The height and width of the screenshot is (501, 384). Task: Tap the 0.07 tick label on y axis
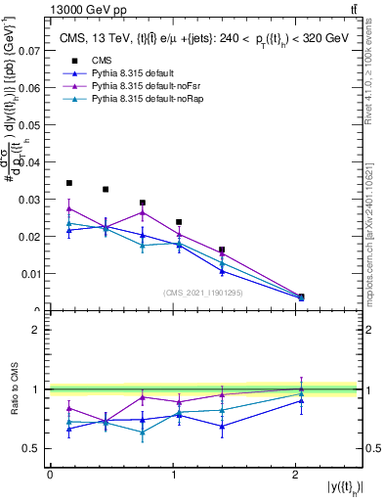pyautogui.click(x=28, y=49)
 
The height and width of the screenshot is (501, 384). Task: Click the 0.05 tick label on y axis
pyautogui.click(x=28, y=124)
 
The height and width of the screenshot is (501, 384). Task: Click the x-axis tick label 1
pyautogui.click(x=174, y=475)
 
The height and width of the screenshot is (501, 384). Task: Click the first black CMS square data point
pyautogui.click(x=68, y=183)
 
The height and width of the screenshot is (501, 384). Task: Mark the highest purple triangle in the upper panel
pyautogui.click(x=68, y=207)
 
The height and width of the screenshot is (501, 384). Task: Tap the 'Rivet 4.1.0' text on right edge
pyautogui.click(x=375, y=68)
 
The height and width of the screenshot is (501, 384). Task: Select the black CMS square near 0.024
pyautogui.click(x=179, y=222)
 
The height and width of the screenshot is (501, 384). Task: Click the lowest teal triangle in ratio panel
pyautogui.click(x=143, y=432)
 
